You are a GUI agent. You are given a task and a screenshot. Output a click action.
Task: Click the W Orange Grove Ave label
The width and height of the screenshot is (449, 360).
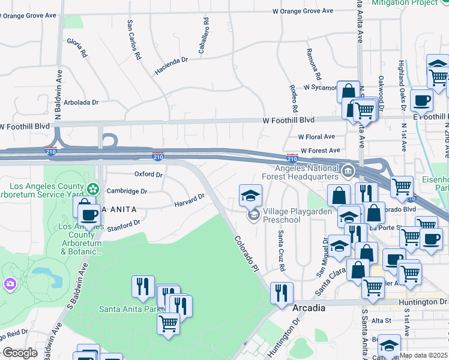pos(303,11)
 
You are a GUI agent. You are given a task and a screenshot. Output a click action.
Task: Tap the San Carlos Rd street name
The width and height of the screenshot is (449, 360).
pos(133,40)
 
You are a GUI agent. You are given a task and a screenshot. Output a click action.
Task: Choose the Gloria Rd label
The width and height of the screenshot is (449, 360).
pos(77,47)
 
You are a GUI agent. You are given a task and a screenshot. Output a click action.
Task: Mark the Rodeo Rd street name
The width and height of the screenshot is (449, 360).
pos(294,98)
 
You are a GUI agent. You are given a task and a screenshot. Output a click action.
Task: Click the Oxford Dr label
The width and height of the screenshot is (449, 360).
pos(148,175)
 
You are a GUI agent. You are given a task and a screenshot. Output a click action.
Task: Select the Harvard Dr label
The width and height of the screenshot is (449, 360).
pos(190,201)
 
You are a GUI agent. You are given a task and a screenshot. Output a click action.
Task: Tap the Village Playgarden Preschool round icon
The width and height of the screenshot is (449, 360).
pos(253,214)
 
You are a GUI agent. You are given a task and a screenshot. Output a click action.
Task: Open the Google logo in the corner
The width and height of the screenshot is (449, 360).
pos(20,353)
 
